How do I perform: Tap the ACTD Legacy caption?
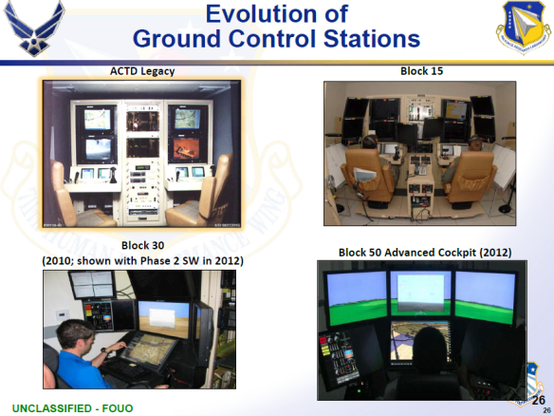coord(140,70)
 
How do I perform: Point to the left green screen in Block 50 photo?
coord(356,297)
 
